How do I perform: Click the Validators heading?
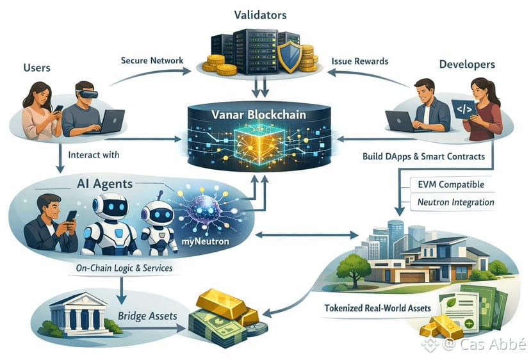[x=260, y=15]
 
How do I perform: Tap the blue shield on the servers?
[x=290, y=56]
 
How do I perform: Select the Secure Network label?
[x=152, y=61]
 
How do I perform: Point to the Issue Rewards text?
[x=359, y=61]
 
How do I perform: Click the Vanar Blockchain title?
[x=259, y=115]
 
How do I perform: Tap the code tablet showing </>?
[x=464, y=109]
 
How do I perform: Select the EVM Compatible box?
[x=451, y=184]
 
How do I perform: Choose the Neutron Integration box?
[x=452, y=202]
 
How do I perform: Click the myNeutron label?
[x=205, y=241]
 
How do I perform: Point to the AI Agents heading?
[x=104, y=184]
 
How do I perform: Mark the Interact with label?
[x=94, y=155]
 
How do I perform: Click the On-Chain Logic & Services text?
[x=124, y=268]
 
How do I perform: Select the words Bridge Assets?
[x=148, y=316]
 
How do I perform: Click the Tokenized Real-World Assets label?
[x=377, y=308]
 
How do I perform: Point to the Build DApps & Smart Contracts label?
[x=423, y=156]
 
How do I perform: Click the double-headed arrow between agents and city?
[x=306, y=234]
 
